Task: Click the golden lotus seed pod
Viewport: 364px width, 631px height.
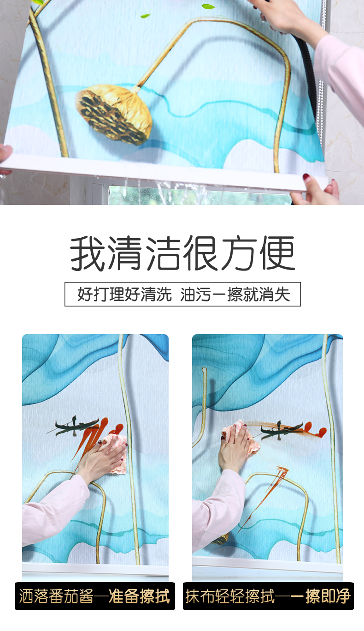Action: (x=114, y=114)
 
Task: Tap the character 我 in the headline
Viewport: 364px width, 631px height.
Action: (x=88, y=253)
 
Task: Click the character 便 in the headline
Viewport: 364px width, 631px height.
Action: (x=277, y=253)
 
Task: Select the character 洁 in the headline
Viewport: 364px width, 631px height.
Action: (x=163, y=253)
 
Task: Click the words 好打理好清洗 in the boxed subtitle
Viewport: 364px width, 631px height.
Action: (x=124, y=294)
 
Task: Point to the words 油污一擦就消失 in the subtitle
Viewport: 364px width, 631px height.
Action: (x=235, y=294)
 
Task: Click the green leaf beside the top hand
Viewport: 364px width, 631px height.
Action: (x=208, y=6)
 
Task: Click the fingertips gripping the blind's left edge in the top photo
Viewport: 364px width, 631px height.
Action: (x=6, y=155)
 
